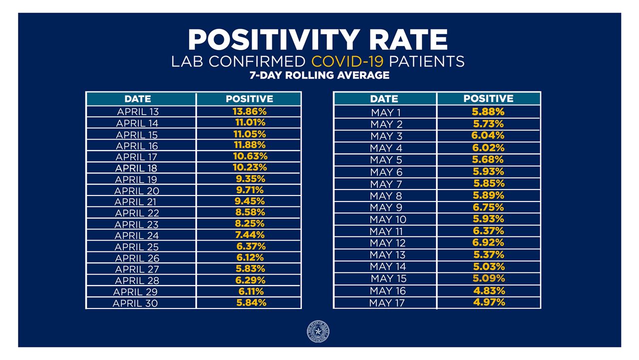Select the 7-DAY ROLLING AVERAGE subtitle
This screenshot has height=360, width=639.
tap(319, 75)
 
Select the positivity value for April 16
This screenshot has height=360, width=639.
tap(250, 145)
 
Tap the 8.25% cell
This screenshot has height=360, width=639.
tap(250, 223)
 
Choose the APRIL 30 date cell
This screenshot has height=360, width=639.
tap(136, 303)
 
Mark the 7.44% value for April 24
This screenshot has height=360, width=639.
tap(250, 235)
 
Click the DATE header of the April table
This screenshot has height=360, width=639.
tap(138, 99)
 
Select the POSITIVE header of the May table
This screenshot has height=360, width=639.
tap(488, 98)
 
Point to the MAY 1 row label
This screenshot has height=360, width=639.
tap(386, 112)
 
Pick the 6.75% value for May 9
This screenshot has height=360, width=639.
tap(488, 207)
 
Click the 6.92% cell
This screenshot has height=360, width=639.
tap(488, 242)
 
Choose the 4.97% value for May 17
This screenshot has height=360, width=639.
tap(488, 302)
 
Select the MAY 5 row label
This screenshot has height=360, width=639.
tap(386, 160)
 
